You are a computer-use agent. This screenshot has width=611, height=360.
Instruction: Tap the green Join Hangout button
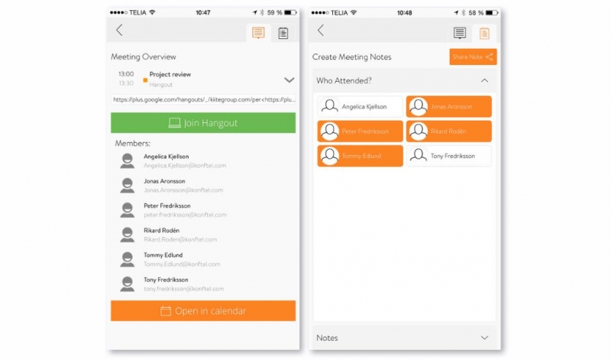202,123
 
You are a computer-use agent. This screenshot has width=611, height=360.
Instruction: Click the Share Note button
473,57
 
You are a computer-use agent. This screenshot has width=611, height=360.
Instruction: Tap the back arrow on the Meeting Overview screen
119,31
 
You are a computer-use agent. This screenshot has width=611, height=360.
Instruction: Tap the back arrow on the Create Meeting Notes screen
321,31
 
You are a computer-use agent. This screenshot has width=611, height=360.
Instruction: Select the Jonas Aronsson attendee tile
448,106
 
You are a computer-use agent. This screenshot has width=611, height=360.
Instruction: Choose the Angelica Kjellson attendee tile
360,106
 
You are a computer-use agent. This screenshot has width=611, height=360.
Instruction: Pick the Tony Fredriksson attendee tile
448,156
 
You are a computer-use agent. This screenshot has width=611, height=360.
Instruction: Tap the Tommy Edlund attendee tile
360,156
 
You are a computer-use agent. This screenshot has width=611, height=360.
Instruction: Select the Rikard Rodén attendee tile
448,131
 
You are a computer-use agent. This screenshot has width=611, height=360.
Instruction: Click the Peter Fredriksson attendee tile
360,131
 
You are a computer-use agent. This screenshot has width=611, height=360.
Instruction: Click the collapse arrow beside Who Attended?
484,80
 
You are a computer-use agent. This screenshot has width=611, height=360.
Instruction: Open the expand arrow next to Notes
484,338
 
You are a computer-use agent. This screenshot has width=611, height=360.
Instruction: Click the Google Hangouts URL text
203,99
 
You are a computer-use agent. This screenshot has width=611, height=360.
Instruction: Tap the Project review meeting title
170,74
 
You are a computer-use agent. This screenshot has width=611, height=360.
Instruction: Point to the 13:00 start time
126,74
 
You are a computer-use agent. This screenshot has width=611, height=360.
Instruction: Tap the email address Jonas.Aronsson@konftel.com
183,190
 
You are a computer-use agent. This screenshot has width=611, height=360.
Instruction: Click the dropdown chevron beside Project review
289,79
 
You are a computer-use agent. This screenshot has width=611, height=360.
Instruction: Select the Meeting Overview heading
144,57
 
